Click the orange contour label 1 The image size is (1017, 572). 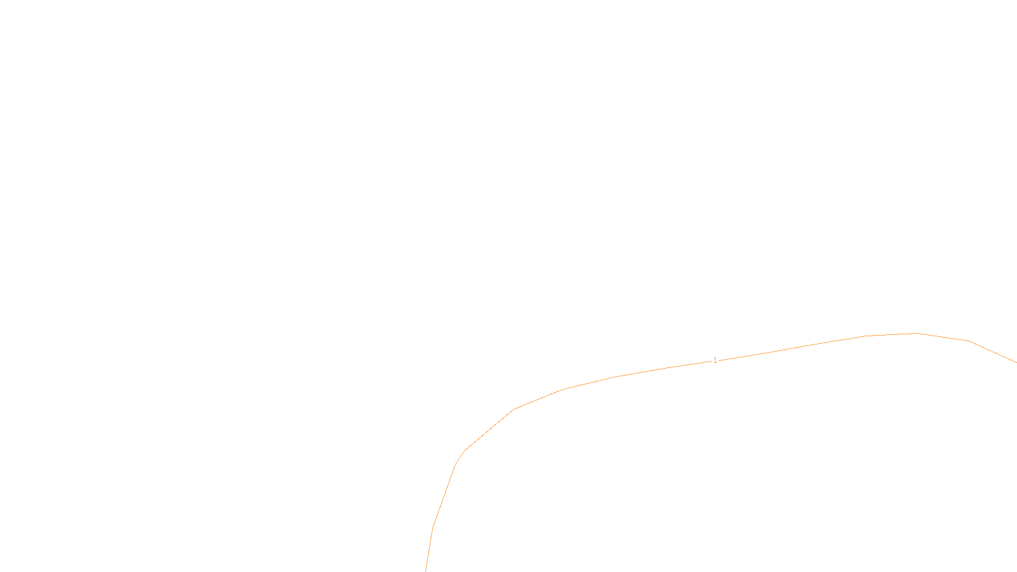[x=715, y=360]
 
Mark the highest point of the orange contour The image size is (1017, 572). [x=916, y=333]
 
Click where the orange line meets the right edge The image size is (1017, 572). [x=1016, y=362]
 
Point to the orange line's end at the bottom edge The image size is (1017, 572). [x=426, y=570]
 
